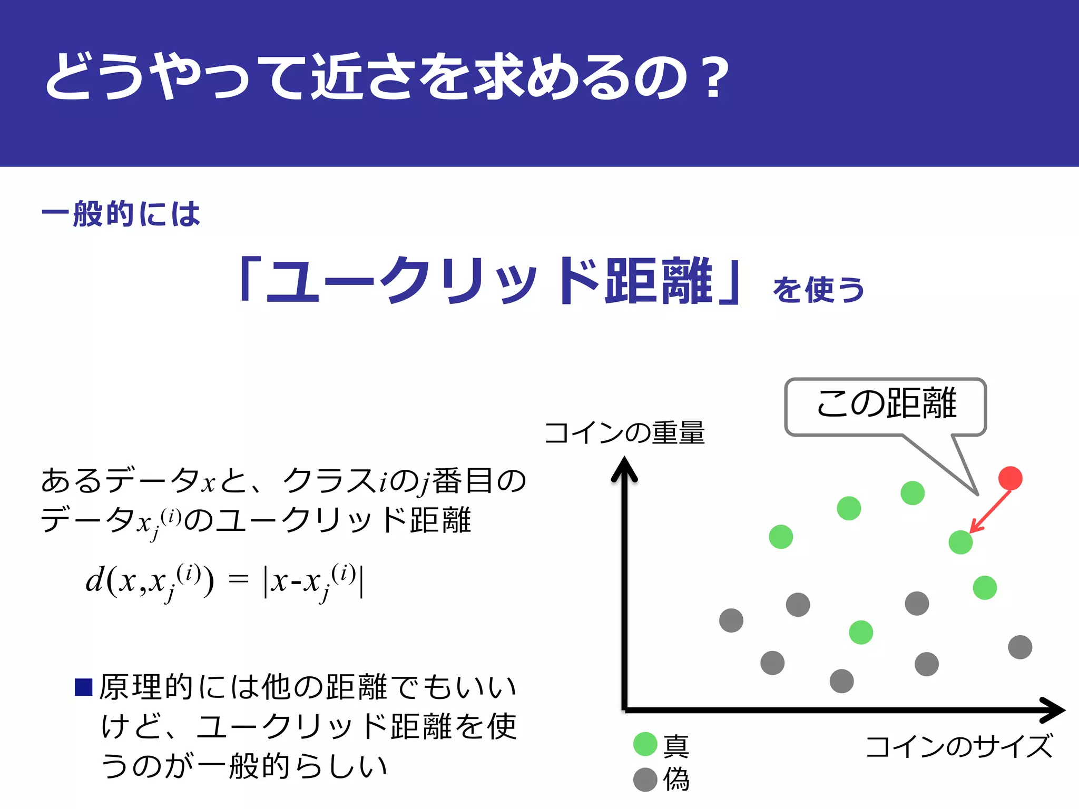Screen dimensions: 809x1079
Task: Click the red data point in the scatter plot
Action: click(x=1010, y=478)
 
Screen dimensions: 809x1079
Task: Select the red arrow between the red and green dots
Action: click(x=990, y=511)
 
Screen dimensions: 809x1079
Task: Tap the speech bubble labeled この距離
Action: click(x=886, y=406)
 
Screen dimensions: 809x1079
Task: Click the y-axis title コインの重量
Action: click(x=624, y=433)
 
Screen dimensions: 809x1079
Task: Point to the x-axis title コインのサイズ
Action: click(x=958, y=746)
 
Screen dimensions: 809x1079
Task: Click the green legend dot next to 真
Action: click(x=645, y=744)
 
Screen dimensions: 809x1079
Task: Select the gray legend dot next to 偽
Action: click(x=645, y=780)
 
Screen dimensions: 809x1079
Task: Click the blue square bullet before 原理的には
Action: click(x=84, y=687)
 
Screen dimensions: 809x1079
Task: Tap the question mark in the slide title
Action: click(x=715, y=78)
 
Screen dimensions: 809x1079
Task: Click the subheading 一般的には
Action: click(x=121, y=214)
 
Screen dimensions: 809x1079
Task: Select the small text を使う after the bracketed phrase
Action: click(x=818, y=290)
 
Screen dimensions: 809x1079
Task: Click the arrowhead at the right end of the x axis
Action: click(x=1054, y=710)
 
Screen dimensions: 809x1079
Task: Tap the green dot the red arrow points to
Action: click(x=960, y=542)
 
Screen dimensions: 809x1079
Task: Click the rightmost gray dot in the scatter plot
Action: click(x=1020, y=647)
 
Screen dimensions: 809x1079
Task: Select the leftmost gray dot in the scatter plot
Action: click(x=731, y=620)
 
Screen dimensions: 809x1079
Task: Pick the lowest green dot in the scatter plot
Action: click(x=861, y=633)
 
